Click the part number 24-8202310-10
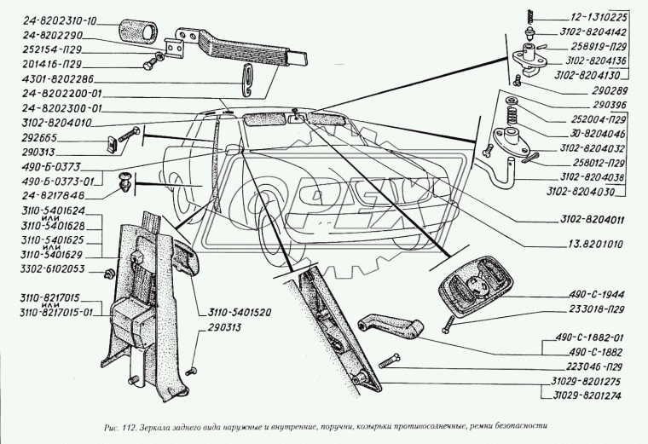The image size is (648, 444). [60, 20]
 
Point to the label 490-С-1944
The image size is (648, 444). [596, 295]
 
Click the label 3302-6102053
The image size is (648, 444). [52, 269]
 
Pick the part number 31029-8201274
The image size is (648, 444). [587, 395]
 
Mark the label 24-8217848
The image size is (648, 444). [54, 196]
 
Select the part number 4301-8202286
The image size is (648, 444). [58, 79]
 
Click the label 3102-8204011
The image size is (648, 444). [593, 220]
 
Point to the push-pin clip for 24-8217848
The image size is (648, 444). [124, 182]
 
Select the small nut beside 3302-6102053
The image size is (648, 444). [110, 273]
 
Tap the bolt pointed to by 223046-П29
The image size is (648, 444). [389, 361]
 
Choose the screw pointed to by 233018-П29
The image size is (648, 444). [448, 325]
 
